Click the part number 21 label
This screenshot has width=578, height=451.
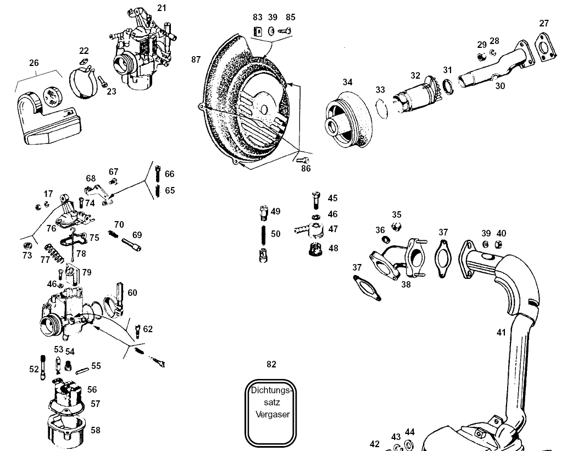161,8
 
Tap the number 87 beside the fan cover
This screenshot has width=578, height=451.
196,59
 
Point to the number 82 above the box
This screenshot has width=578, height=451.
271,364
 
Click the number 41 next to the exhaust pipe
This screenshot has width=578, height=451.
501,332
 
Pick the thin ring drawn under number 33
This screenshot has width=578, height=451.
384,107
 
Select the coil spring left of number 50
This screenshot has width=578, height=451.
264,233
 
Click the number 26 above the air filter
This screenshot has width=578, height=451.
34,63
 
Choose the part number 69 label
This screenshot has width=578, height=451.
137,235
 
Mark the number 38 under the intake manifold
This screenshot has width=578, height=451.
406,284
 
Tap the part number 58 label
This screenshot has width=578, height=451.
96,430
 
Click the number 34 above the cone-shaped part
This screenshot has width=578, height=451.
347,82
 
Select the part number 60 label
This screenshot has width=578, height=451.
132,293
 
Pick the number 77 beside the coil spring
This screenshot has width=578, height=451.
46,260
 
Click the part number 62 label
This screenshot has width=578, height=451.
148,329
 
